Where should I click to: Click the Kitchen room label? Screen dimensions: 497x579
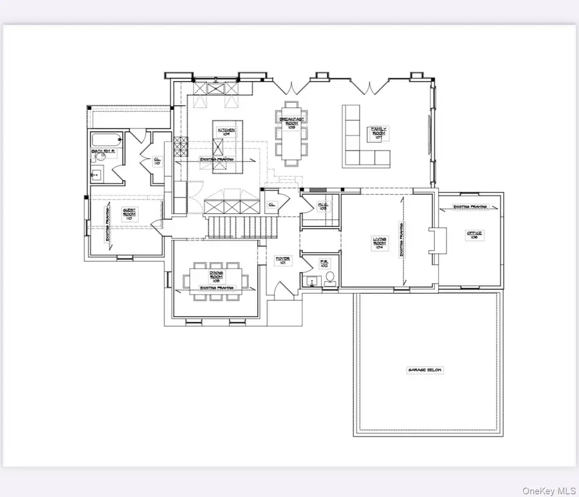click(x=226, y=132)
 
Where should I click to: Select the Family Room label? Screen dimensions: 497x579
click(x=378, y=133)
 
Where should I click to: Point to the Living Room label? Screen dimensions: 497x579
click(x=380, y=243)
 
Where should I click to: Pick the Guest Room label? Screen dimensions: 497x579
click(x=129, y=215)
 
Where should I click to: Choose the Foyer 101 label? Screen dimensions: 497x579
click(x=283, y=260)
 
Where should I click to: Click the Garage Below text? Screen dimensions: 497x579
click(x=426, y=370)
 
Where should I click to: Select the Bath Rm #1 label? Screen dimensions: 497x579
click(x=102, y=152)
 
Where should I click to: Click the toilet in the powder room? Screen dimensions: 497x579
click(x=330, y=278)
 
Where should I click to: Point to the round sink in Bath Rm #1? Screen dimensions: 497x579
click(x=97, y=173)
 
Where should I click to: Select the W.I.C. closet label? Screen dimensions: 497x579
click(x=323, y=207)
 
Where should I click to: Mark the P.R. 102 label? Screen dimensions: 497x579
click(x=324, y=264)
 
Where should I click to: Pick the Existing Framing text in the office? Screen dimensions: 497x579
click(x=470, y=207)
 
